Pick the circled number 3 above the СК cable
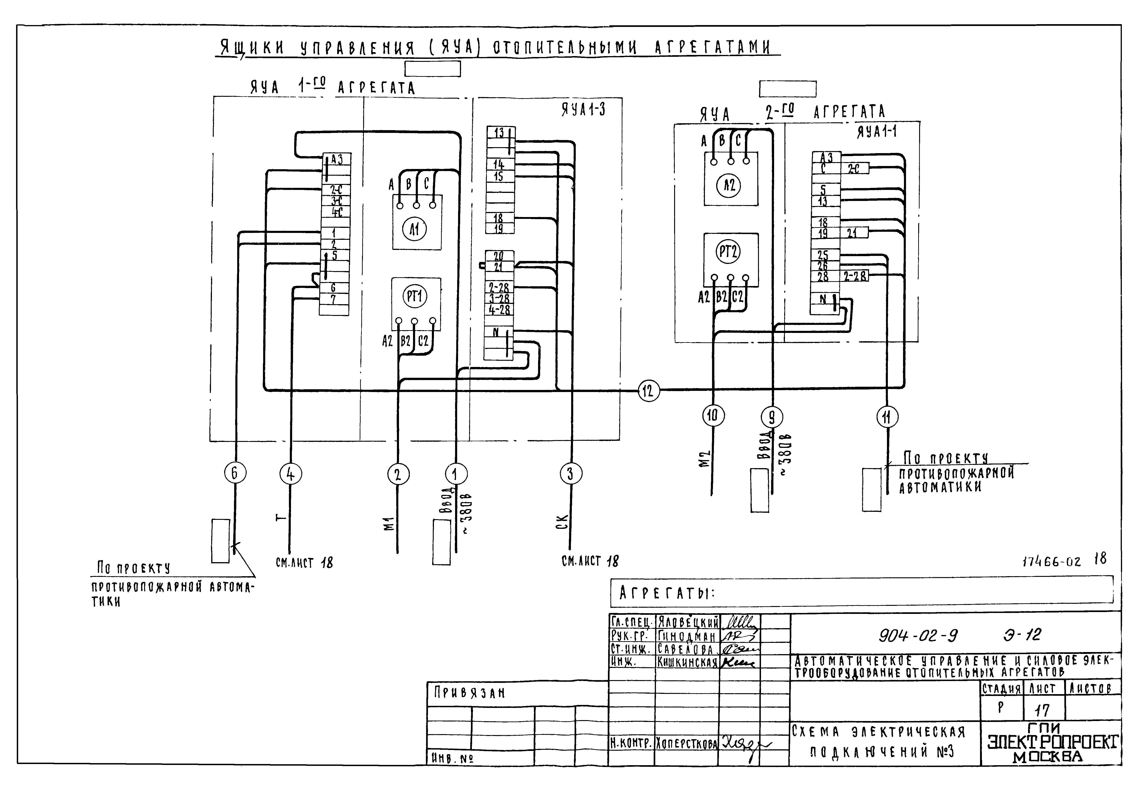[570, 474]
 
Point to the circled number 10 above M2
[713, 416]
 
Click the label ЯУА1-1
[877, 132]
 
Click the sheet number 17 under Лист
[1042, 711]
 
